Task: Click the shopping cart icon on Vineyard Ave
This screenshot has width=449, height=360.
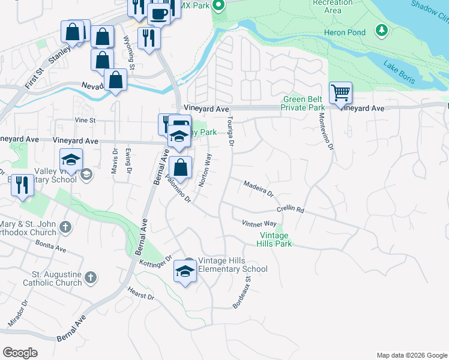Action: pyautogui.click(x=340, y=93)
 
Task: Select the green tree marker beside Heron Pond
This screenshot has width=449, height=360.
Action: pyautogui.click(x=381, y=29)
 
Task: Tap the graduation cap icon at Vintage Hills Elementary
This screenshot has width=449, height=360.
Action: pyautogui.click(x=185, y=272)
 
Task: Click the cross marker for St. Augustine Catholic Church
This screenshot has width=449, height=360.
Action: pyautogui.click(x=90, y=277)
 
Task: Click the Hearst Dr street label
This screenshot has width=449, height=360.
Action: pyautogui.click(x=141, y=293)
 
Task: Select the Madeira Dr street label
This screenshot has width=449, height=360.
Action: pyautogui.click(x=258, y=189)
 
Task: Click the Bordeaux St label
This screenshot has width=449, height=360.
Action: pyautogui.click(x=242, y=289)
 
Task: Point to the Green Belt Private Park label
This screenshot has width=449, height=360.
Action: pyautogui.click(x=303, y=103)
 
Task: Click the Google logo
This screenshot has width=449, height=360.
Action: pyautogui.click(x=20, y=353)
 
